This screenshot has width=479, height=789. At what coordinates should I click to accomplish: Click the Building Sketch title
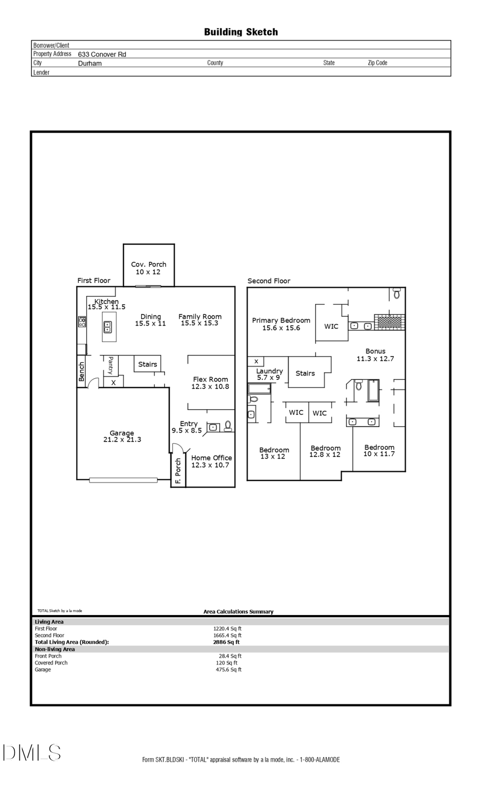pyautogui.click(x=241, y=32)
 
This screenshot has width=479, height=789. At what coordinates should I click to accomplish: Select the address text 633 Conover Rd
pyautogui.click(x=102, y=54)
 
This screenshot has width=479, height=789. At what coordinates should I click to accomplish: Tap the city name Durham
pyautogui.click(x=89, y=63)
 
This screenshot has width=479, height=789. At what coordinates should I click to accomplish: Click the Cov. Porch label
pyautogui.click(x=148, y=264)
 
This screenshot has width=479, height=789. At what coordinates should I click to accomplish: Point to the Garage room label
pyautogui.click(x=122, y=434)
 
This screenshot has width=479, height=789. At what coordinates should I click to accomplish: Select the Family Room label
pyautogui.click(x=200, y=317)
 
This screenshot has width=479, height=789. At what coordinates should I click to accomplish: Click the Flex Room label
pyautogui.click(x=210, y=379)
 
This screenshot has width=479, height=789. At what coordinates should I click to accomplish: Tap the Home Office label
pyautogui.click(x=211, y=458)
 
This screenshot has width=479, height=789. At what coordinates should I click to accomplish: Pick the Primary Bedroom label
pyautogui.click(x=281, y=320)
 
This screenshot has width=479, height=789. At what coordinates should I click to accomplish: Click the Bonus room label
pyautogui.click(x=375, y=352)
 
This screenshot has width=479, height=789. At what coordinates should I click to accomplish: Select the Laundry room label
pyautogui.click(x=269, y=371)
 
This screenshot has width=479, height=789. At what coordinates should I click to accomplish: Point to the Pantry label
pyautogui.click(x=111, y=365)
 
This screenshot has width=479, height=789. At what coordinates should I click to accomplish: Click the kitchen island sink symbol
pyautogui.click(x=108, y=327)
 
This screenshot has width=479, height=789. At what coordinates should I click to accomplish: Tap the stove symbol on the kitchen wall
pyautogui.click(x=82, y=321)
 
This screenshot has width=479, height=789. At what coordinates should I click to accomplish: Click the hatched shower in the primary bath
pyautogui.click(x=389, y=321)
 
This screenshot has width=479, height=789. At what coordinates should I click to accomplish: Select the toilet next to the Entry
pyautogui.click(x=228, y=426)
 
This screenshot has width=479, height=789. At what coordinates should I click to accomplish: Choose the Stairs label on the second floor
pyautogui.click(x=305, y=373)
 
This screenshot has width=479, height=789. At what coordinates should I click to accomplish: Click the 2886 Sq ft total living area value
pyautogui.click(x=226, y=642)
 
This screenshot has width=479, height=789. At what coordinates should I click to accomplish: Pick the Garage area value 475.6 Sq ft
pyautogui.click(x=228, y=670)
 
